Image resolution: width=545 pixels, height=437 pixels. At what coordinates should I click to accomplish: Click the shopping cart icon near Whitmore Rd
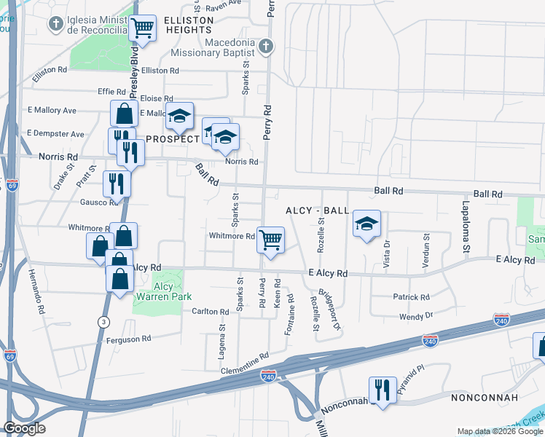coord(270,239)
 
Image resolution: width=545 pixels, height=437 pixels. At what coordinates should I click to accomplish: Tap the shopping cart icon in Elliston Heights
coord(143,28)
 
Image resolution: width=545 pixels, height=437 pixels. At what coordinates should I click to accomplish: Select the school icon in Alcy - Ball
coord(366,223)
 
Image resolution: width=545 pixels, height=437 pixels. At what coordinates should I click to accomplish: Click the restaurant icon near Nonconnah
coord(382,389)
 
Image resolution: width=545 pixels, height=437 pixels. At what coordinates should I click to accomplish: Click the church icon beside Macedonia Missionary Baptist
coord(266,47)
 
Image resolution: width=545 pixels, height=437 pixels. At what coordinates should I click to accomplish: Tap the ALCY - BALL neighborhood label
coord(317,210)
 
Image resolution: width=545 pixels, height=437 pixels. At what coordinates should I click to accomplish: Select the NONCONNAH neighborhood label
coord(485,398)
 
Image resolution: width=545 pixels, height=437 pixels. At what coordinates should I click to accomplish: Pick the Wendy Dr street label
coord(416,316)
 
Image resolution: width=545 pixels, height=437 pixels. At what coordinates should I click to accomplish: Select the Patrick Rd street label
coord(411,297)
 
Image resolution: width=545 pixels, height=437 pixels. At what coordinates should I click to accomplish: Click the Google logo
coord(24,428)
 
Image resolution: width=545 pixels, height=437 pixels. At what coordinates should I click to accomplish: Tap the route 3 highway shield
coord(104,321)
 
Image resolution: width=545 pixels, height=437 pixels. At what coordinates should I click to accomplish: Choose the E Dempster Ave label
coord(55,134)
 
